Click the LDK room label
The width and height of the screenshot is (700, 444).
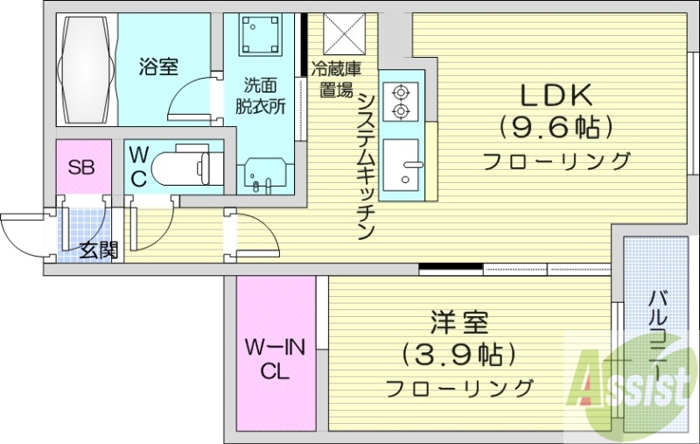(x=557, y=94)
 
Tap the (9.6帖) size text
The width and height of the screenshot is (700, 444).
(x=556, y=128)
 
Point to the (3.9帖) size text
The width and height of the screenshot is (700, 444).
(x=458, y=354)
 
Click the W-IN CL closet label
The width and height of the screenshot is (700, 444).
(x=275, y=359)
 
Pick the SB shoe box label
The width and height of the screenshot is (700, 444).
(x=83, y=167)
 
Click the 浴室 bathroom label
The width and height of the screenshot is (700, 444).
(x=158, y=66)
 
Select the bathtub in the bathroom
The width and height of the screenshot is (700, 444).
(x=86, y=69)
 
